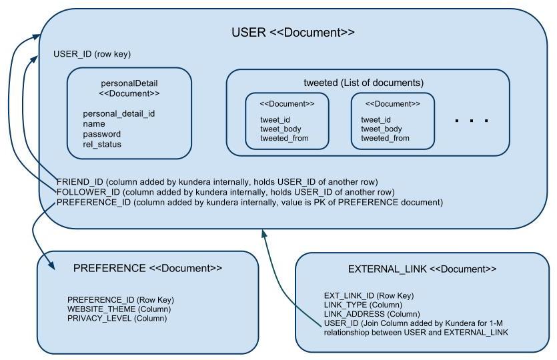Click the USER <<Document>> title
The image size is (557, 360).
tap(293, 33)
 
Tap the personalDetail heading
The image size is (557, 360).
tap(129, 84)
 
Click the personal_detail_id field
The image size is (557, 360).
tap(119, 113)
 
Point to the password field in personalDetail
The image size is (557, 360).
tap(101, 134)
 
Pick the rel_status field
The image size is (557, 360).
tap(102, 144)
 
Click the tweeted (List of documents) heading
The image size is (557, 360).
tap(364, 83)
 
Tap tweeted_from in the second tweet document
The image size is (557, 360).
tap(385, 138)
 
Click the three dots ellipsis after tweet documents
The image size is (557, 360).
tap(472, 121)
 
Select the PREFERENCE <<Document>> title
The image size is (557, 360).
tap(147, 268)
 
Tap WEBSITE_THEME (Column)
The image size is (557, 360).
tap(119, 309)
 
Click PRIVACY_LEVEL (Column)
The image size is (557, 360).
tap(117, 319)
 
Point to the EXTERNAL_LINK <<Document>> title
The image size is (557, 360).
tap(422, 269)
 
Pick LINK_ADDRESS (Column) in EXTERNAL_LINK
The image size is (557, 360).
tap(372, 314)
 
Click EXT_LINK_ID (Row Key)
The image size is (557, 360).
tap(368, 295)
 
